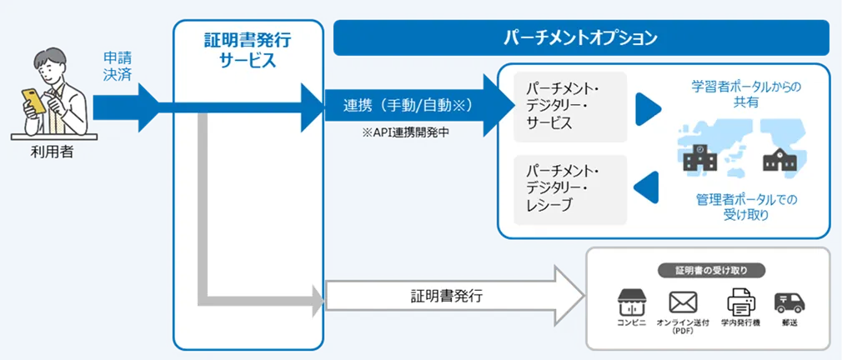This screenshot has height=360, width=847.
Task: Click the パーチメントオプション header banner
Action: coord(581,38)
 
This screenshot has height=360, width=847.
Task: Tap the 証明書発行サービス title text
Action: coord(248,49)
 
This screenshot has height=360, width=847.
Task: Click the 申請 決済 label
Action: coord(117,66)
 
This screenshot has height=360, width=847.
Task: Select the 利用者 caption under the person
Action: coord(48,152)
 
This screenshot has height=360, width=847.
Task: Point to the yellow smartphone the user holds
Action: coord(34,99)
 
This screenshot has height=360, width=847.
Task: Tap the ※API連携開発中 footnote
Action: coord(399,132)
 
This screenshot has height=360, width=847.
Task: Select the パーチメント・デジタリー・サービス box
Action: coord(570,106)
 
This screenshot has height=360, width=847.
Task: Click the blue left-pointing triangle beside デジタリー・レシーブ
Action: coord(647,188)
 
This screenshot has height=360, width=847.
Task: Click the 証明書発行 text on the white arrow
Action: coord(446,295)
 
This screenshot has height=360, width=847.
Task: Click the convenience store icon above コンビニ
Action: coord(633,301)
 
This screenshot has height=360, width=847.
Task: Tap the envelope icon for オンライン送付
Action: coord(683,302)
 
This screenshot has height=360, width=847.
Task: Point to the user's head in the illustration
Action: coord(50,64)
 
